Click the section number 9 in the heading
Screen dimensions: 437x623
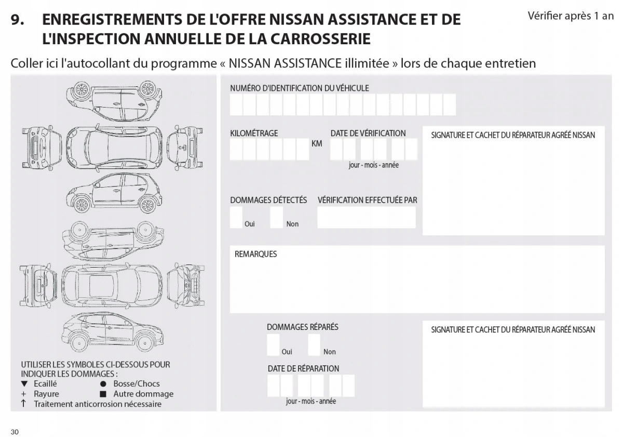pos(17,20)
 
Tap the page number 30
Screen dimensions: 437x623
pos(15,432)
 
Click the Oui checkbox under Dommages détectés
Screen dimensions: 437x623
pos(236,217)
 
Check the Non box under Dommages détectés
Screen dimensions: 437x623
pos(277,217)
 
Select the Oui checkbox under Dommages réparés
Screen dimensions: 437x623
pos(273,345)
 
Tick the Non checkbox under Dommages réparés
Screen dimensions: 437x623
pos(314,345)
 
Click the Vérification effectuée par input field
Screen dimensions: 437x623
pos(367,217)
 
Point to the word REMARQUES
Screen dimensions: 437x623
pos(255,254)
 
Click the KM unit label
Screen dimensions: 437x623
pos(317,143)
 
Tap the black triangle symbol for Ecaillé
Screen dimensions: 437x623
pos(24,384)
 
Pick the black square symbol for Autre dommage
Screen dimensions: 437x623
pos(103,394)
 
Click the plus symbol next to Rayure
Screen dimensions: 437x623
pos(24,394)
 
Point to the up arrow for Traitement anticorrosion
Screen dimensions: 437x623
pos(24,404)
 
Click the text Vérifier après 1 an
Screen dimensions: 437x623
pos(571,16)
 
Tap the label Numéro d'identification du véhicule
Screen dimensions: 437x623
pos(300,88)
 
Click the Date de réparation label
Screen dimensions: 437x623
pos(303,368)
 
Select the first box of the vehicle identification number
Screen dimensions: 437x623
pos(236,104)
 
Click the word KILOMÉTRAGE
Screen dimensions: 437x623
pos(254,133)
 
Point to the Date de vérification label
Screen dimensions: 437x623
pos(368,133)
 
